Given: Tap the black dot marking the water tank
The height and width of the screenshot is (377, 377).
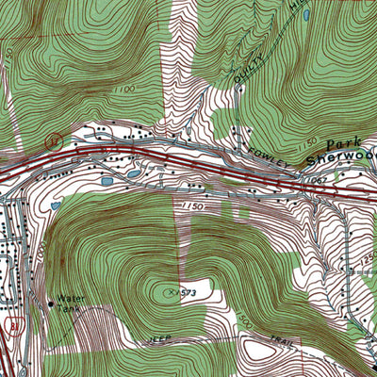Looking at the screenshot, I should point(51,303).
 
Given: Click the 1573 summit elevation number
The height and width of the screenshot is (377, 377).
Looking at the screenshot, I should point(174,294).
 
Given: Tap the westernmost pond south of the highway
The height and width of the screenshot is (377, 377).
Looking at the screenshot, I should point(57,203).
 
